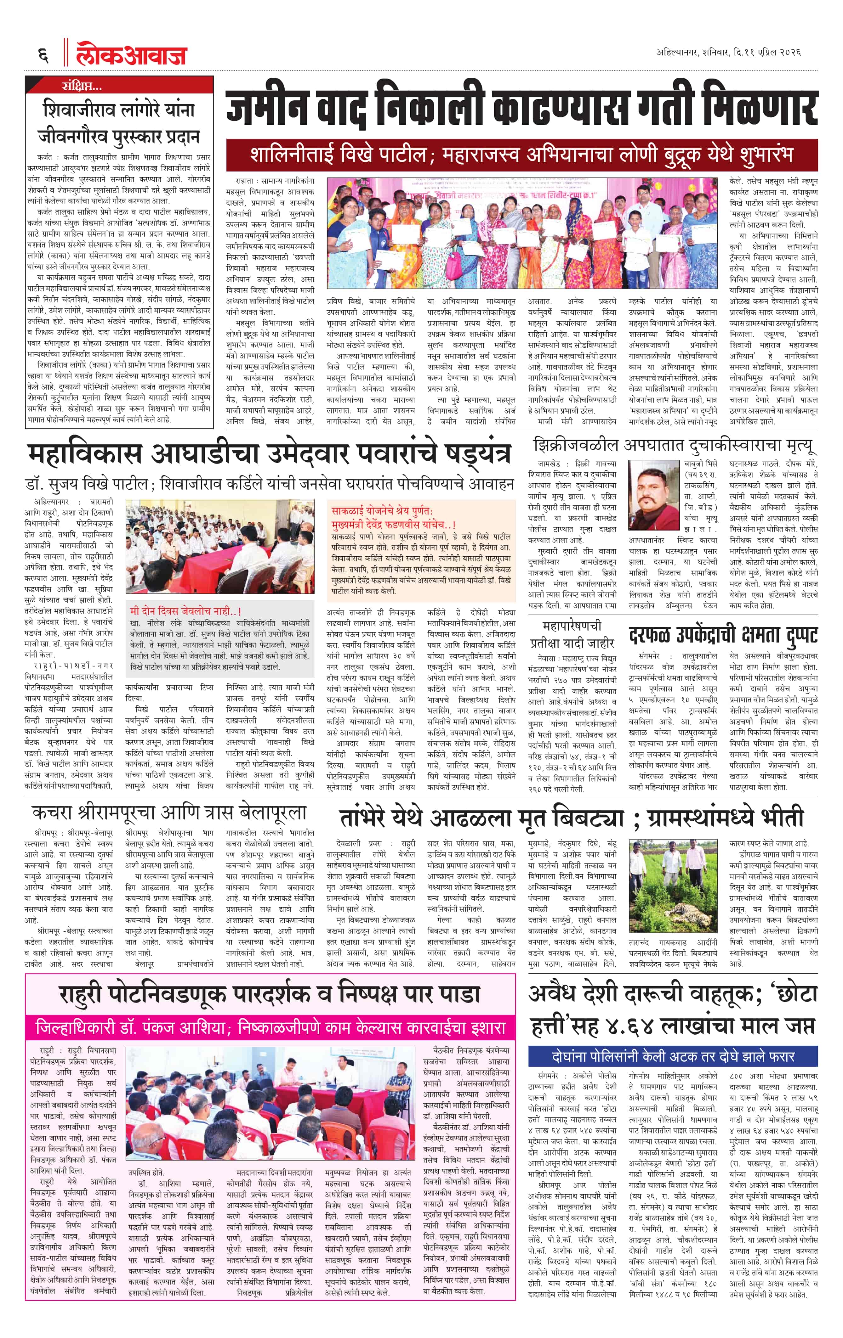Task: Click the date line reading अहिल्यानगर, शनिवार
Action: (728, 52)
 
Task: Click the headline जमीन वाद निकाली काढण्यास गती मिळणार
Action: (521, 105)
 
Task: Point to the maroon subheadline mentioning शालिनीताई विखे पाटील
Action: (521, 155)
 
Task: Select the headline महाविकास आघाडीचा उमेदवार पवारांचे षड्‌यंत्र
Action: (269, 454)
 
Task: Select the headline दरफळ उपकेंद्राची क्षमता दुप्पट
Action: (723, 635)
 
